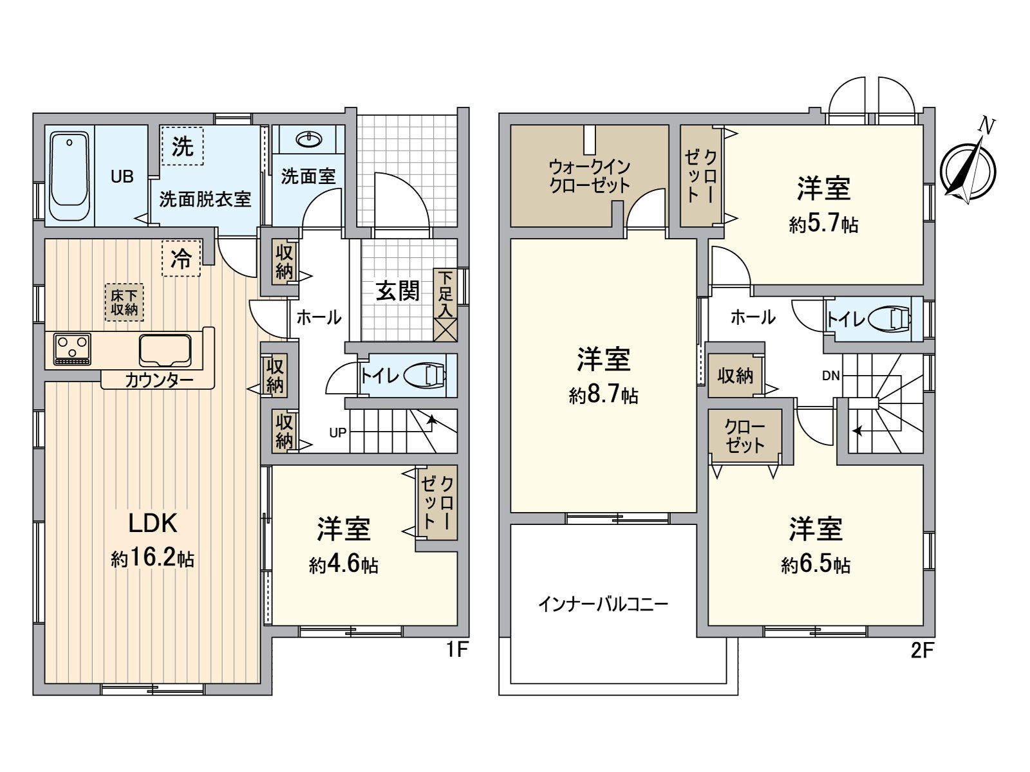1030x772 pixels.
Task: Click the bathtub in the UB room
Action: (70, 175)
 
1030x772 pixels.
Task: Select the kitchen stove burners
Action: (72, 349)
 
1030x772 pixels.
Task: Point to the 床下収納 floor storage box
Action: (124, 302)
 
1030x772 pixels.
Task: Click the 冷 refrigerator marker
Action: (181, 259)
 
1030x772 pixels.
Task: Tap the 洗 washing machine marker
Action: (182, 146)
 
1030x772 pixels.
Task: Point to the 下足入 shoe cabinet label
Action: (445, 294)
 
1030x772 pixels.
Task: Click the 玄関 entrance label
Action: (397, 291)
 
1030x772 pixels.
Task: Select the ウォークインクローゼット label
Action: (589, 176)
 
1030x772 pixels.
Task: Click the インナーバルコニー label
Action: (603, 604)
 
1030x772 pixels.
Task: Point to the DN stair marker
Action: (830, 376)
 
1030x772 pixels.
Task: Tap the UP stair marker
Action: (337, 433)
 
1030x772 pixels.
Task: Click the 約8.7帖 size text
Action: (603, 394)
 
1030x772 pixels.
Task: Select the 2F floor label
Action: (922, 651)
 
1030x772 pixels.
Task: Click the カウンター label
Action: (158, 380)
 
